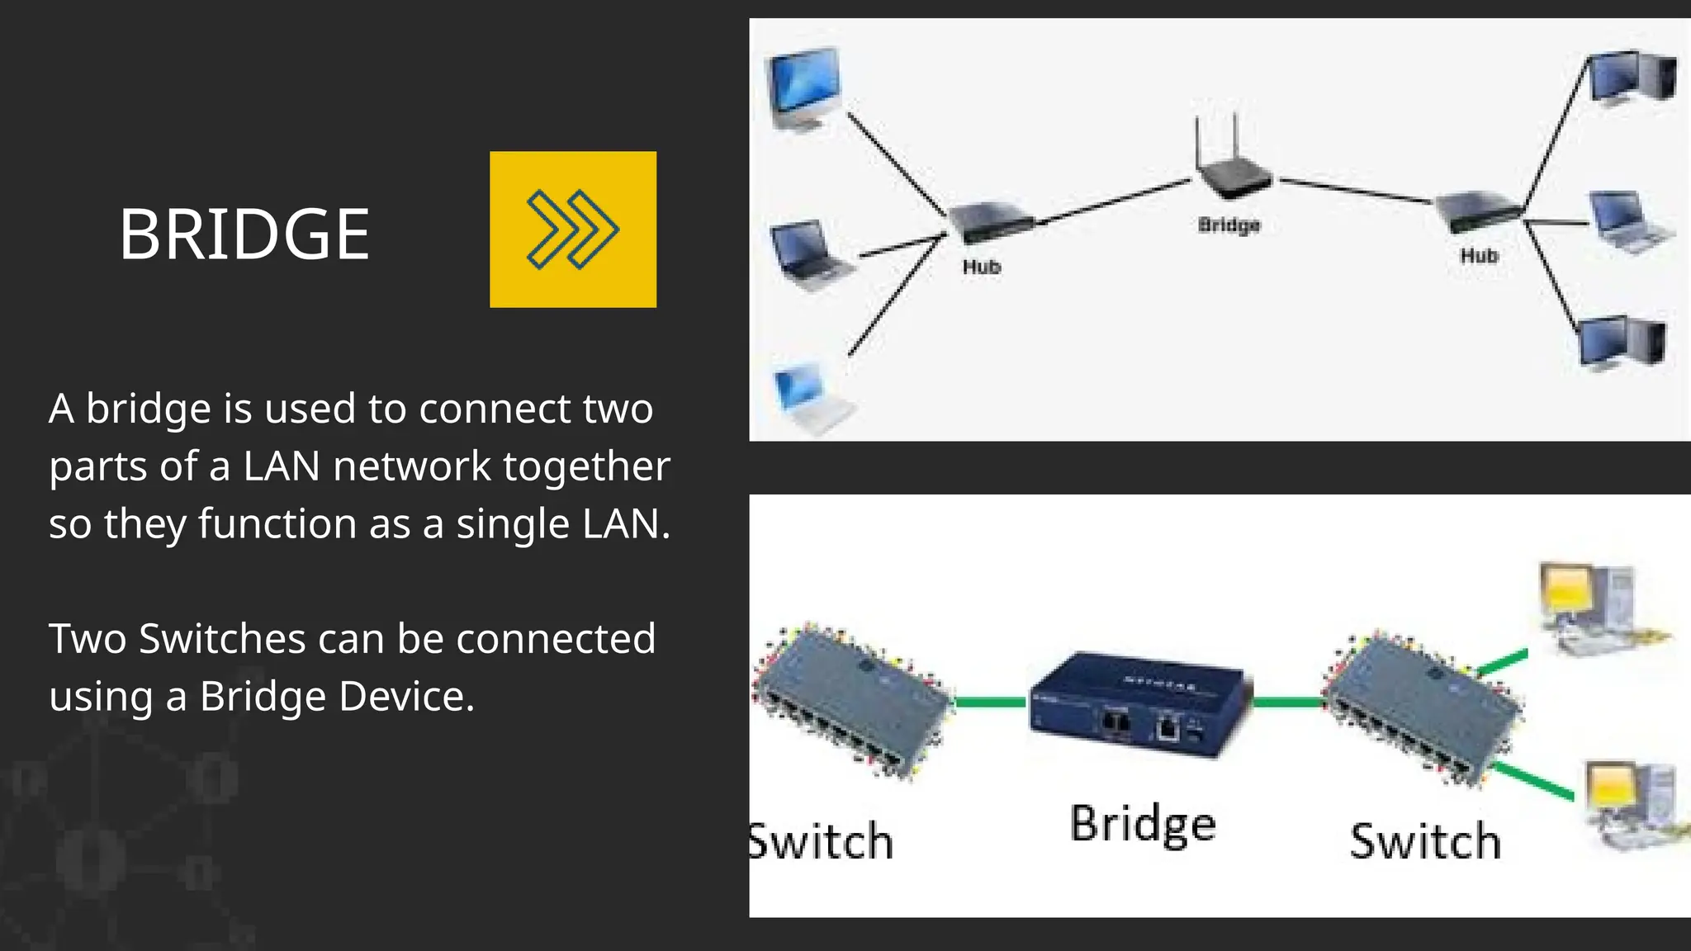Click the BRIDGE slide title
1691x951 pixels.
244,234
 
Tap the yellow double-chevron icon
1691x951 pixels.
573,229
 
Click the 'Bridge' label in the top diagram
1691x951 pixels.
1229,225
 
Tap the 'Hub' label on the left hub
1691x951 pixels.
981,267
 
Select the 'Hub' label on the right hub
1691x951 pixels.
1479,256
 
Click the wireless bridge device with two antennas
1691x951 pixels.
1234,169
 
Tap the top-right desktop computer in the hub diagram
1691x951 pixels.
1632,79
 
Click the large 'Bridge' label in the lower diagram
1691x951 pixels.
1143,824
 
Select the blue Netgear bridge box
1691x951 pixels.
1139,706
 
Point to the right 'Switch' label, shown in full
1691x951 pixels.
1425,842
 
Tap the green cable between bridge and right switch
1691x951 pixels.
1288,703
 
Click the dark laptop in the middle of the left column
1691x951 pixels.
808,254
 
